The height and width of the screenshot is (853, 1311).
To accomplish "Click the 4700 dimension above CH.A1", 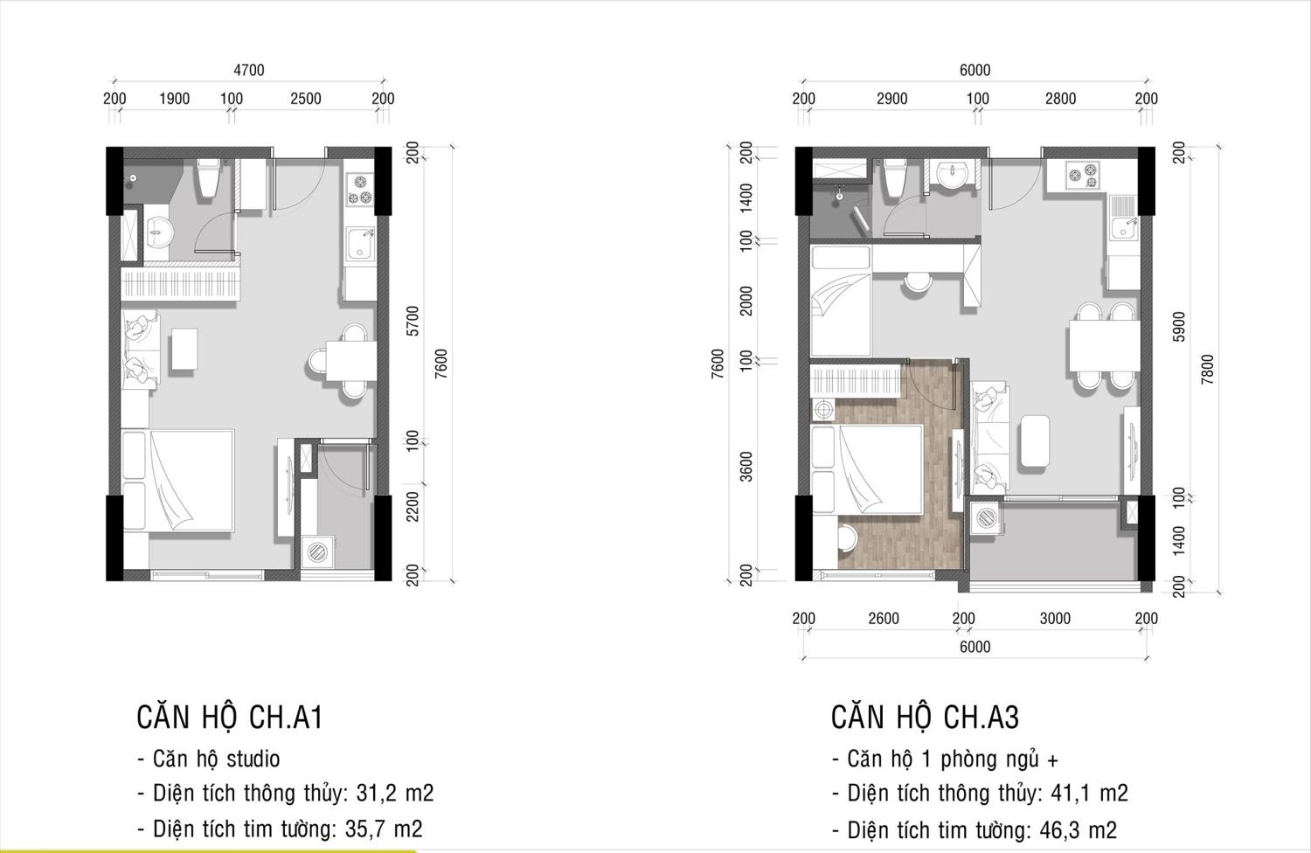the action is click(249, 70).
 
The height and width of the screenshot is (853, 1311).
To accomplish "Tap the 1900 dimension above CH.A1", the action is click(175, 99).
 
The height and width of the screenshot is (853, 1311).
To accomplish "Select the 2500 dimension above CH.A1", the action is click(306, 99).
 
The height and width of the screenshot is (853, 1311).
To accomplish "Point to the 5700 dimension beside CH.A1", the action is click(413, 321).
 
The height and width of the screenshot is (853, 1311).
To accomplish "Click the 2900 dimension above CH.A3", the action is click(892, 99).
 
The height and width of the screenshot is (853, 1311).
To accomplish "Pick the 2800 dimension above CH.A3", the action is click(1060, 99).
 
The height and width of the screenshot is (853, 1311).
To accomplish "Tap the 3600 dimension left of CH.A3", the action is click(746, 467).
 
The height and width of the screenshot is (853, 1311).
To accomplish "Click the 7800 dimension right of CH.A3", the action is click(1207, 370).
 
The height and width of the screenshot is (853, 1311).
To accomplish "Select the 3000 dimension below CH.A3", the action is click(1055, 618).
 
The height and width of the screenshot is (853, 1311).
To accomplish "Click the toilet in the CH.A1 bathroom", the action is click(208, 178).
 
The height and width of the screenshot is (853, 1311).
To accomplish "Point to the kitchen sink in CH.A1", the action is click(360, 244).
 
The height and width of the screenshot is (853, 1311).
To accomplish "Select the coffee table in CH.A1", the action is click(184, 349).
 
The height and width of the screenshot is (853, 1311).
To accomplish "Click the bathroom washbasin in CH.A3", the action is click(953, 175).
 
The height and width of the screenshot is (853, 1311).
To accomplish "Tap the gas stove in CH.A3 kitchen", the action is click(1083, 175).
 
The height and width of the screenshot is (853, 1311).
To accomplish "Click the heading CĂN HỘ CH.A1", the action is click(229, 718).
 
